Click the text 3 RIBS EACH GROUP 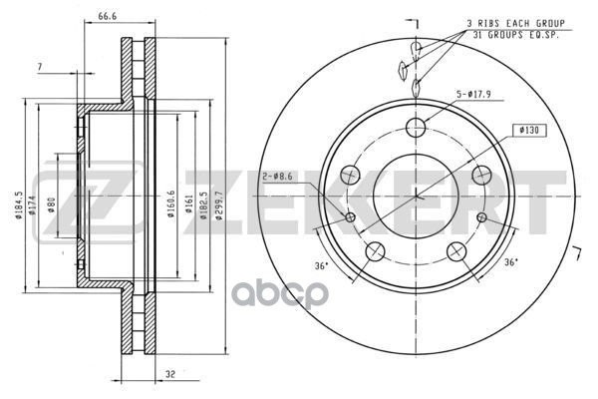(516, 23)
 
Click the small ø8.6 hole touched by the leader (350, 217)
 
